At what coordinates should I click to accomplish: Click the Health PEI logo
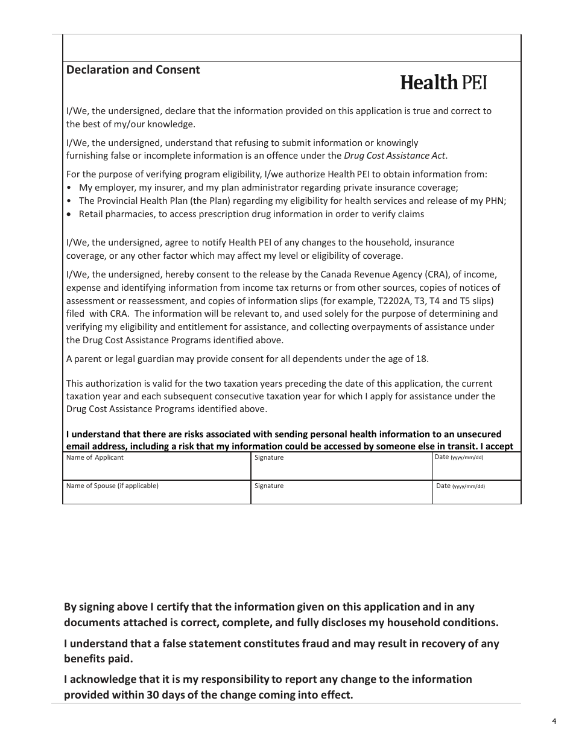pos(443,83)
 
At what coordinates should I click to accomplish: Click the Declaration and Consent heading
pos(133,69)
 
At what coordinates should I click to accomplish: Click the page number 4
pos(554,721)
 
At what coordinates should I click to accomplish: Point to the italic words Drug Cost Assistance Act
pos(395,156)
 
